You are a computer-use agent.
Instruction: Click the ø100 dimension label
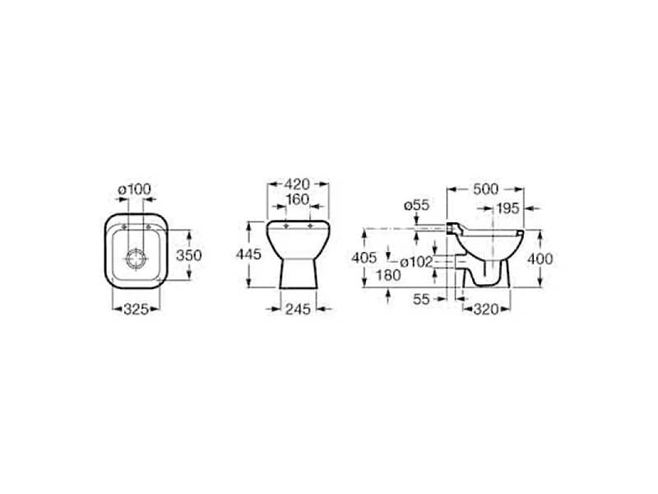coord(134,189)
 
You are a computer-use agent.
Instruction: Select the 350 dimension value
coord(189,255)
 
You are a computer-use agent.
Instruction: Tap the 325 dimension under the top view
coord(137,310)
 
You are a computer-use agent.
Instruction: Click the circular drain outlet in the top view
coord(137,259)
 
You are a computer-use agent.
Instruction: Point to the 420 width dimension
coord(297,184)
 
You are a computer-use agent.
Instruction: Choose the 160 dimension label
coord(298,199)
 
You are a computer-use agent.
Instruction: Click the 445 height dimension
coord(248,254)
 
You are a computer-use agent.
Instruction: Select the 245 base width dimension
coord(298,310)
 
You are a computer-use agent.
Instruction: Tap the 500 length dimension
coord(486,189)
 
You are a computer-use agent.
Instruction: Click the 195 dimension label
coord(507,208)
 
